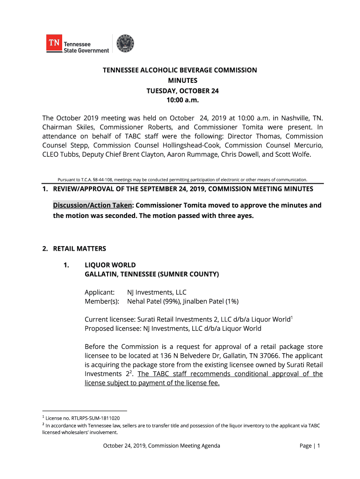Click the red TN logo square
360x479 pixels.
click(x=54, y=44)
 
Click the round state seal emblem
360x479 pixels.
click(x=125, y=44)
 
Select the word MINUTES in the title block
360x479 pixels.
click(x=180, y=80)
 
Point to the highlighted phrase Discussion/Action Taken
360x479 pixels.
click(x=93, y=205)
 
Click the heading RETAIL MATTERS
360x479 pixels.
click(x=79, y=248)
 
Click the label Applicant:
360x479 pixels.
click(x=100, y=292)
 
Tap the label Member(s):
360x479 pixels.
click(x=101, y=302)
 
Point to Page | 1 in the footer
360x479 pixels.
click(x=310, y=446)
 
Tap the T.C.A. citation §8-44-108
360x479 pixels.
click(x=102, y=180)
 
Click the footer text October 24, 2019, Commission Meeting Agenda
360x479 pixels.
click(x=161, y=446)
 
